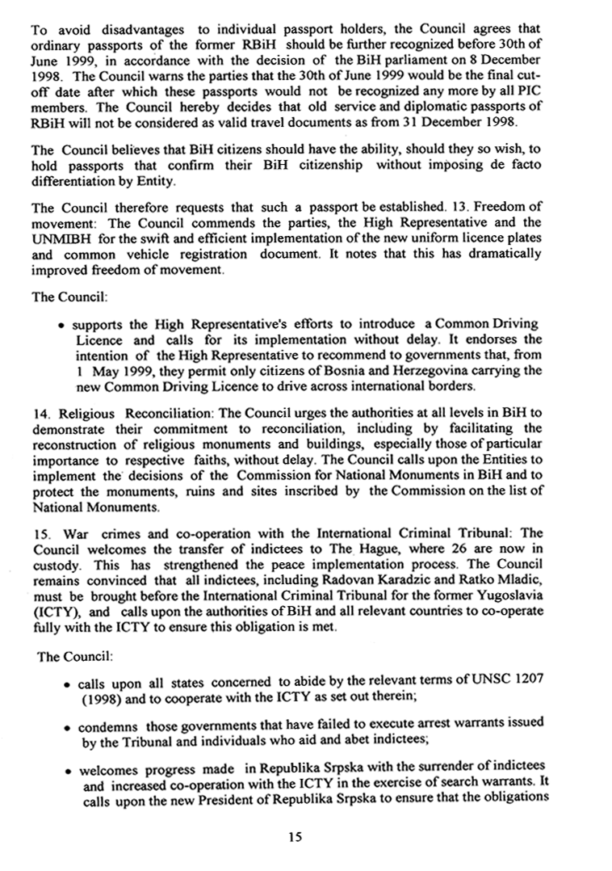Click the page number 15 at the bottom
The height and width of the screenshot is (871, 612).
click(x=294, y=838)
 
